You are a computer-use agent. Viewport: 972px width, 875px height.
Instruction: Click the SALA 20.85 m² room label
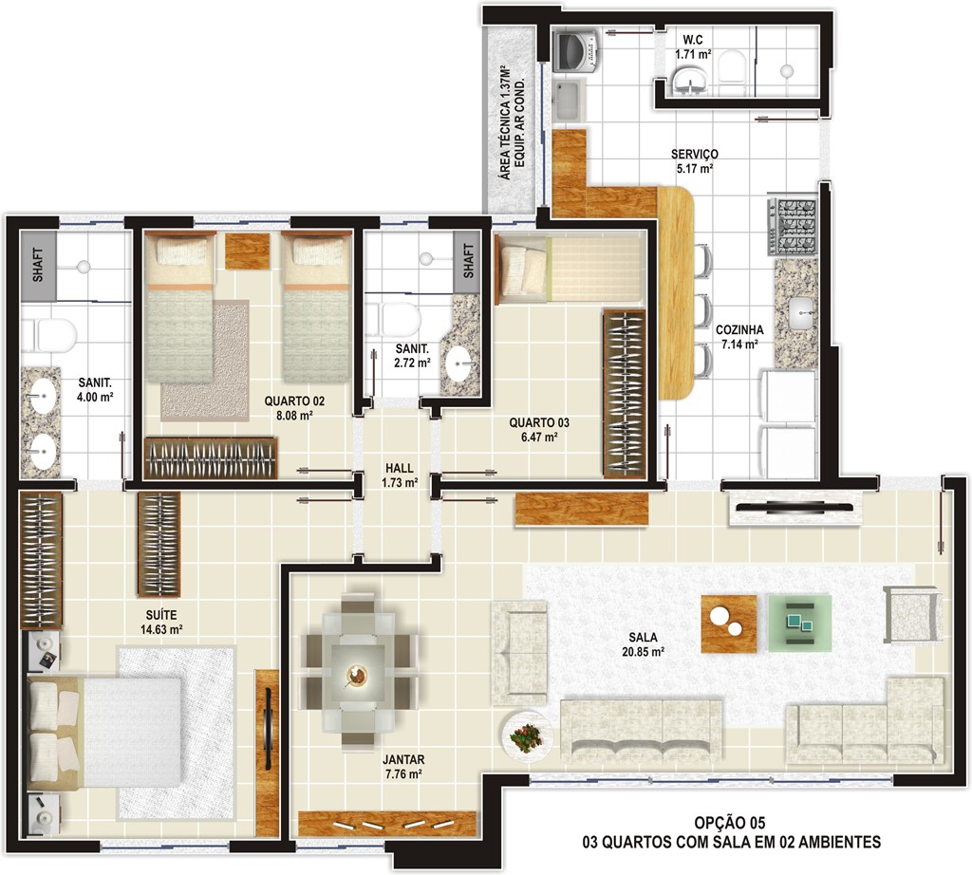coord(643,643)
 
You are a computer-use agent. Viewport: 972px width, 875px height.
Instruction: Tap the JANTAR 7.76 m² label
coord(403,767)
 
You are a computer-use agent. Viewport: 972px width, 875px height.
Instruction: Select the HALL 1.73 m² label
coord(400,475)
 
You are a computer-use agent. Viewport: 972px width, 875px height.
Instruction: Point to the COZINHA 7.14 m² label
coord(739,337)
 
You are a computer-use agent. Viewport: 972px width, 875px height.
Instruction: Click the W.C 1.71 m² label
coord(693,47)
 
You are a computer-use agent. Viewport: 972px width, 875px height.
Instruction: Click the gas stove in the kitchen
coord(793,227)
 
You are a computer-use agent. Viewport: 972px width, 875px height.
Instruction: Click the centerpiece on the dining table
coord(356,676)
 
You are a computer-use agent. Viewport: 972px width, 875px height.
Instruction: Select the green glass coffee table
coord(799,623)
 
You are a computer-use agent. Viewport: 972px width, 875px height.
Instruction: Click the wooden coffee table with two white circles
coord(729,624)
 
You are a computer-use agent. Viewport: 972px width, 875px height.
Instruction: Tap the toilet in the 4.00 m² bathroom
coord(48,335)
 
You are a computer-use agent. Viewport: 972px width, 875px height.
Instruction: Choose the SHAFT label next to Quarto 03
coord(467,261)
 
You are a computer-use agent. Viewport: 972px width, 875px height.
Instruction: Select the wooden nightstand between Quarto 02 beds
coord(248,251)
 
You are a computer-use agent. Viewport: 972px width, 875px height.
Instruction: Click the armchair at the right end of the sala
coord(912,614)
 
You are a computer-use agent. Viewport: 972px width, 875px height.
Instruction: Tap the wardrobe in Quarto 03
coord(625,394)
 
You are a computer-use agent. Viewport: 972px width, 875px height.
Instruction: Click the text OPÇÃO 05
coord(730,822)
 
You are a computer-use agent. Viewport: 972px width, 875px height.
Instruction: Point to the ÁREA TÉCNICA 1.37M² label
coord(505,122)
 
